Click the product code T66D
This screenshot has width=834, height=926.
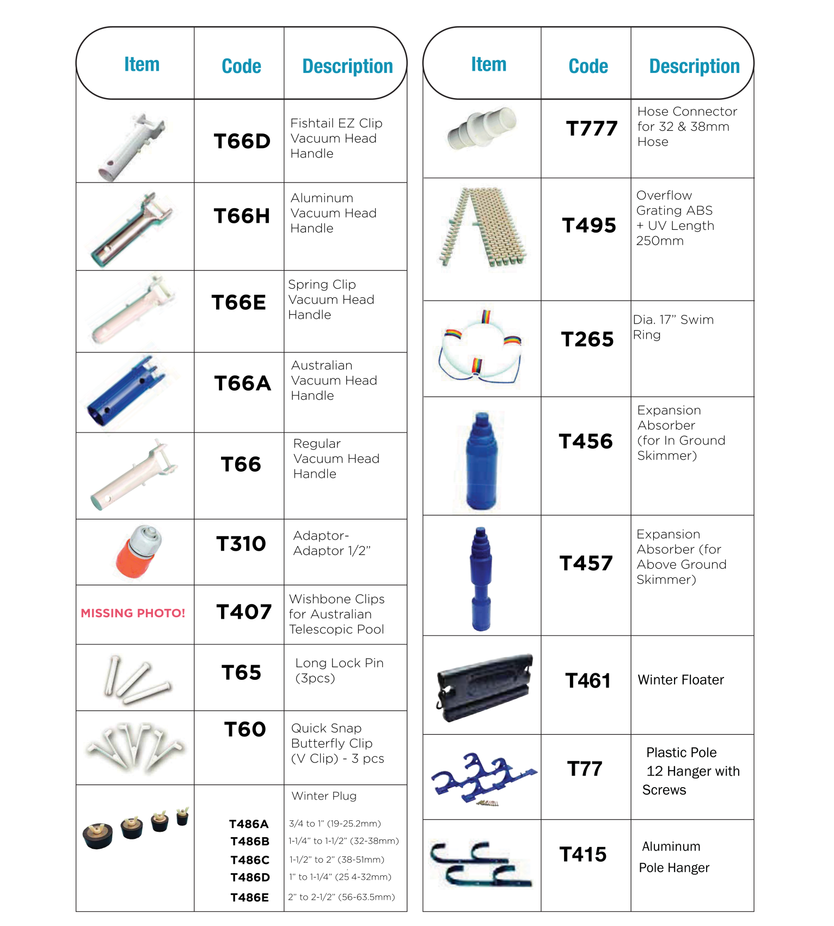242,142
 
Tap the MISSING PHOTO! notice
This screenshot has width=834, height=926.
133,613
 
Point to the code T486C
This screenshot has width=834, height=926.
250,860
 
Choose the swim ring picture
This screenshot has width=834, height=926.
480,349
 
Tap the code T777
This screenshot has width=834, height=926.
592,129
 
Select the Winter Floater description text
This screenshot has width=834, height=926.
680,680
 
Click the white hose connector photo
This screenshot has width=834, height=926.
482,129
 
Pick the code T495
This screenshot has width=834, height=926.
589,226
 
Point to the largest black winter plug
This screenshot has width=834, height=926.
98,836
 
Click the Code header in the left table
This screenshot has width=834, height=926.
241,66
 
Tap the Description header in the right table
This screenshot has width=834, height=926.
694,66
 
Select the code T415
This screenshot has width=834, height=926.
583,855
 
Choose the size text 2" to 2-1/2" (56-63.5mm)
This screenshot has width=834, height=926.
341,897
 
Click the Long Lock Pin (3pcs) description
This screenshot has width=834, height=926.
339,671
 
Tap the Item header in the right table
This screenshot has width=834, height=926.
488,64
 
